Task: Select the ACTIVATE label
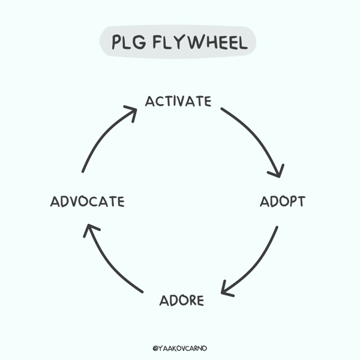click(178, 101)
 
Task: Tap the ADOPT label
click(282, 202)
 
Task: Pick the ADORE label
click(182, 300)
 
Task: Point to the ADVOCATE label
click(87, 202)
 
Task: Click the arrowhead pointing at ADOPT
click(277, 172)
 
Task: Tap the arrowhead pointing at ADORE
click(226, 290)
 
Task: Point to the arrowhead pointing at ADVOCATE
click(89, 229)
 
